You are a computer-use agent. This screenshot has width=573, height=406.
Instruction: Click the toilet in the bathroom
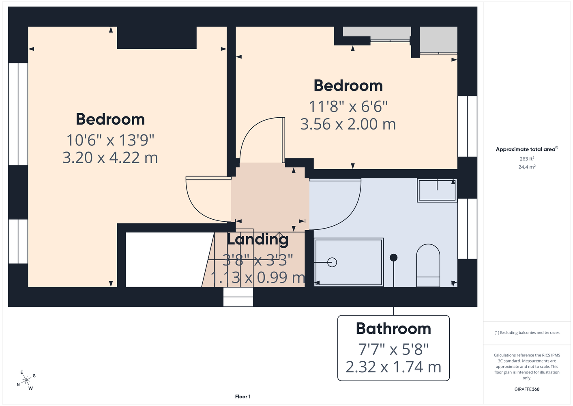tap(428, 266)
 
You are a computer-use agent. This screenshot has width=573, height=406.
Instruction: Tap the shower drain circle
tap(332, 262)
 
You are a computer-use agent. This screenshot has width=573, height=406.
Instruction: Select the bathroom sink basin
tap(437, 190)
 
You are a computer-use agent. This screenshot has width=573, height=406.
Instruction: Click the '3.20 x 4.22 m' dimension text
tap(110, 158)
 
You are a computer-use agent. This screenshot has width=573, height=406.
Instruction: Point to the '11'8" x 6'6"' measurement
tap(348, 106)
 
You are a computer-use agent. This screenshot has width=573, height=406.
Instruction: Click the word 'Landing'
tap(258, 240)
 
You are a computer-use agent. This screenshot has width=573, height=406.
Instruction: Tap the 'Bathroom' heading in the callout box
tap(393, 328)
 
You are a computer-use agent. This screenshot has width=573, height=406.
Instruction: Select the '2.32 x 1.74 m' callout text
tap(393, 367)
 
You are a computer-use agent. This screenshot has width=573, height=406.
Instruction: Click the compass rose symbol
tap(26, 380)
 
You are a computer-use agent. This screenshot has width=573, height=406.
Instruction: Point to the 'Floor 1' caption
tap(243, 397)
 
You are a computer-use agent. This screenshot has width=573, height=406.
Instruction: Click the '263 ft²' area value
tap(527, 159)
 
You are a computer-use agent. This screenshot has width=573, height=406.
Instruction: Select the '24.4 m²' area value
tap(527, 167)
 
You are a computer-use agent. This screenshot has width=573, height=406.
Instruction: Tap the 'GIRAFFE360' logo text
tap(527, 389)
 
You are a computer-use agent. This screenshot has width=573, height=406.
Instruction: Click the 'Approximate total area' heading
tap(527, 149)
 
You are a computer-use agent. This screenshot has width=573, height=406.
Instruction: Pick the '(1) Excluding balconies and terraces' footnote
tap(527, 333)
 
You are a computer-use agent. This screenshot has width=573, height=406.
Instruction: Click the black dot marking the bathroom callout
tap(393, 258)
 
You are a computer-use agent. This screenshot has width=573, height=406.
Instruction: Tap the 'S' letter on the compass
tap(34, 376)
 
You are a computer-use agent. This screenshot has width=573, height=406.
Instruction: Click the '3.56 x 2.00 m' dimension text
tap(348, 124)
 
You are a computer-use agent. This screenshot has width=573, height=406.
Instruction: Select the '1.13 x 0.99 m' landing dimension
tap(258, 277)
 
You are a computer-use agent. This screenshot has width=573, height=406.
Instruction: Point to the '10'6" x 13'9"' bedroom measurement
tap(110, 140)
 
